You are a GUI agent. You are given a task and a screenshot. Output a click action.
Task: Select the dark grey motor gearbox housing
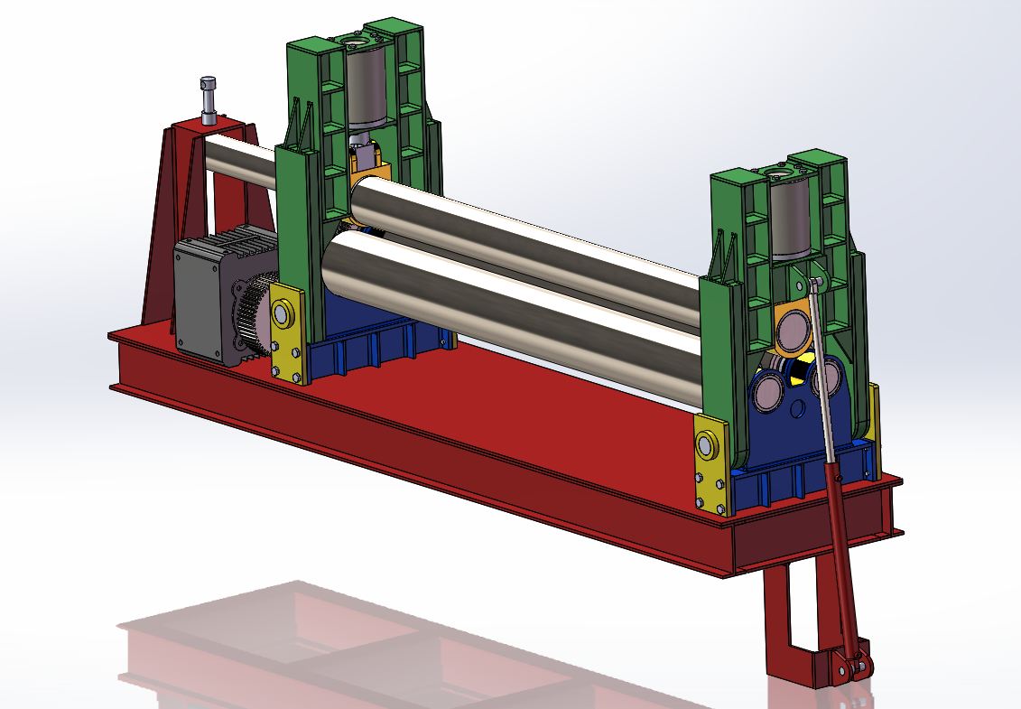[203, 298]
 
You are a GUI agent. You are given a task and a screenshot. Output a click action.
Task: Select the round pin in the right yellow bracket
[707, 443]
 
